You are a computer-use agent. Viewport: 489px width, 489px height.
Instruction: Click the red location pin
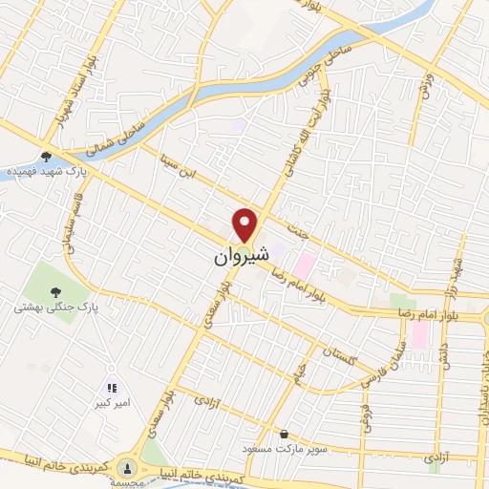pos(247,224)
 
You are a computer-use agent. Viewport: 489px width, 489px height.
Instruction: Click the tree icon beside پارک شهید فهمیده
pos(46,156)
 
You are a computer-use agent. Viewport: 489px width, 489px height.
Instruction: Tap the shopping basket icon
pos(285,435)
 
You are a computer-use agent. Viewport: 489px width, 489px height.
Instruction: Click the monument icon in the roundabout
pos(129,468)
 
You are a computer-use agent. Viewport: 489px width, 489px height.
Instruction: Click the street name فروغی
pos(364,417)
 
